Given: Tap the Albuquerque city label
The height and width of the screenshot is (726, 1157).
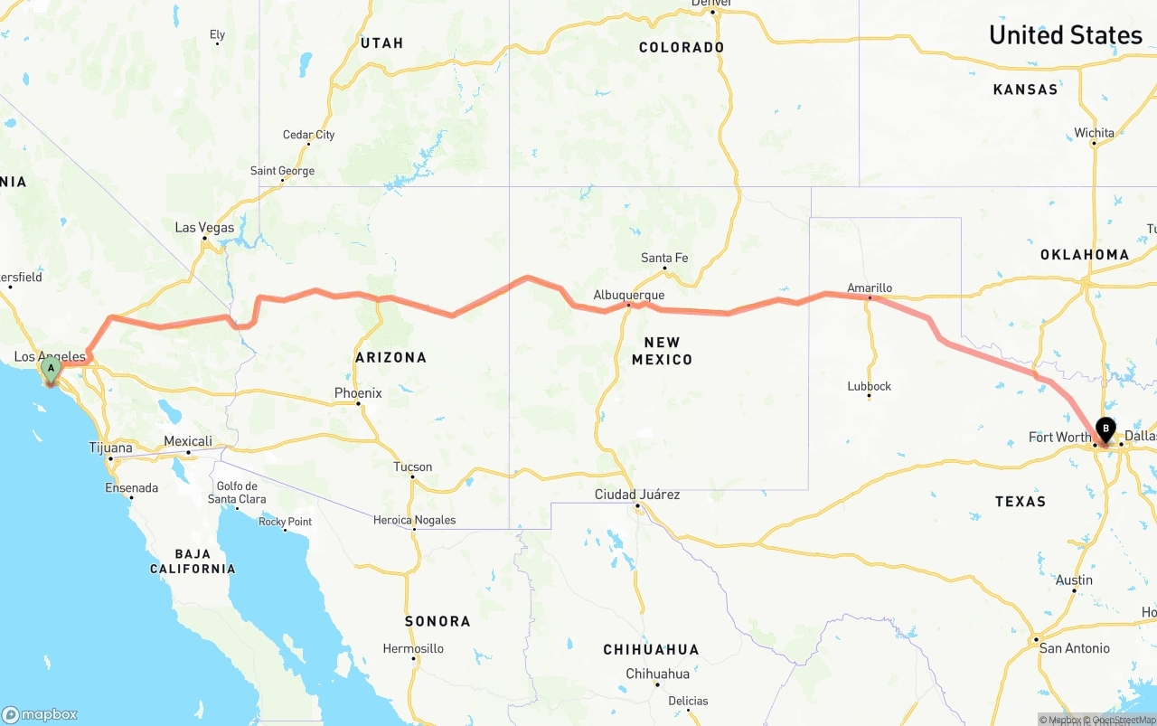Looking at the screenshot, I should [x=628, y=295].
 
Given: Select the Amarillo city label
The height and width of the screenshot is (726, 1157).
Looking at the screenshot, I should [x=869, y=288].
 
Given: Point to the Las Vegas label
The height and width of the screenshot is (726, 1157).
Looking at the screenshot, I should [x=204, y=228].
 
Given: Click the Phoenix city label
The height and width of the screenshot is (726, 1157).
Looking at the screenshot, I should [x=358, y=393].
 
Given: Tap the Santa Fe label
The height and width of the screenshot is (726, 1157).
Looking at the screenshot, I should [x=664, y=258].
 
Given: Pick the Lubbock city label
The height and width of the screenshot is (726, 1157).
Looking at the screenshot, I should [x=869, y=386].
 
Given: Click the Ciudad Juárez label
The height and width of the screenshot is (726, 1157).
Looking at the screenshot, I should [x=636, y=495].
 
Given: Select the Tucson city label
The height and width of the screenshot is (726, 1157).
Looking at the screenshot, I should [x=412, y=467].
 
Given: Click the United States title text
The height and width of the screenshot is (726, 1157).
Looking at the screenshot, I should [x=1065, y=35].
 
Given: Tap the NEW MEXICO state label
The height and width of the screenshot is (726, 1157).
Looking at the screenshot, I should [x=663, y=351].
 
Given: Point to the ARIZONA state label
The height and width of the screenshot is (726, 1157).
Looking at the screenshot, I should [x=390, y=358].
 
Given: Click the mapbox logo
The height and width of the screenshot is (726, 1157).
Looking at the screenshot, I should [x=40, y=714].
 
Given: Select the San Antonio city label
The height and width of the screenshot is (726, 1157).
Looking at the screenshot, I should [x=1074, y=648].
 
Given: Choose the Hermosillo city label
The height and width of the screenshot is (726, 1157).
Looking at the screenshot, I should [x=413, y=648].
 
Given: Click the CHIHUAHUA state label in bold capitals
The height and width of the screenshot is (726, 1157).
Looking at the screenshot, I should [x=652, y=650].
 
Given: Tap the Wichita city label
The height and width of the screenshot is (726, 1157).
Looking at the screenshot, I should [x=1094, y=133].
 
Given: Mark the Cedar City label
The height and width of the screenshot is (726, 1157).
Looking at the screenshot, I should [x=308, y=135].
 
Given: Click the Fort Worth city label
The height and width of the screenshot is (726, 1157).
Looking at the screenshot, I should [x=1059, y=438].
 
